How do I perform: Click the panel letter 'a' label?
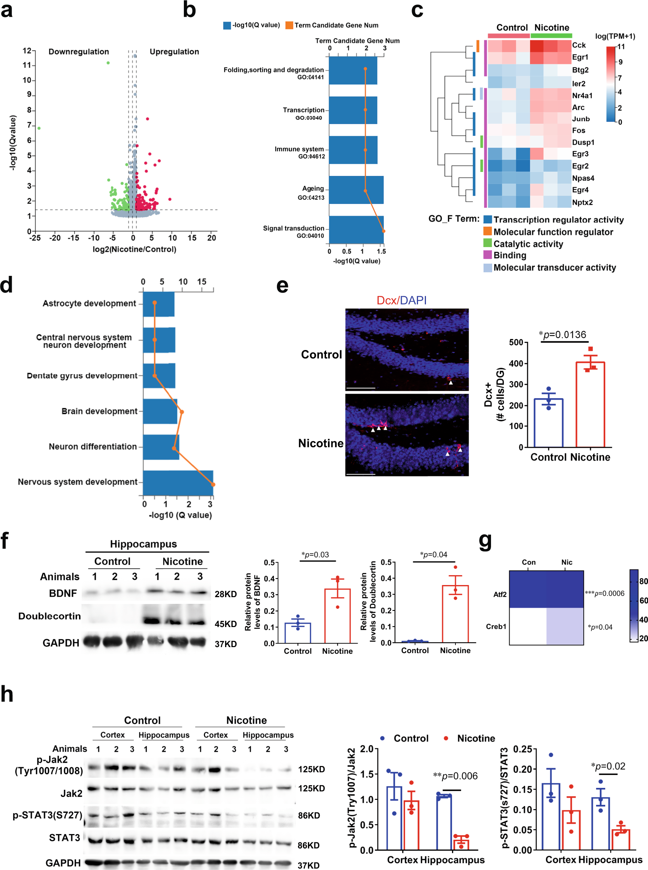click(7, 11)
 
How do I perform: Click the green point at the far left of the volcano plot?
click(39, 128)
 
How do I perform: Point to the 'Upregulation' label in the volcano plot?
click(174, 52)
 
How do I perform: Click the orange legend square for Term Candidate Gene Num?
click(289, 25)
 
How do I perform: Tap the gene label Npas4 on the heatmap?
click(583, 178)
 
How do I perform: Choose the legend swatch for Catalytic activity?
click(487, 243)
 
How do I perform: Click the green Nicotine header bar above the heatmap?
click(551, 36)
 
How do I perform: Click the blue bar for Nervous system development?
click(178, 482)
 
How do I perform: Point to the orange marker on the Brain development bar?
click(182, 412)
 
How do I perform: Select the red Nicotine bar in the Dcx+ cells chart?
click(590, 404)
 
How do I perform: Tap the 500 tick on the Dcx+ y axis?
click(516, 342)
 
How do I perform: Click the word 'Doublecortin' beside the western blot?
click(50, 616)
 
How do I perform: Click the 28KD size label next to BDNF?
click(225, 594)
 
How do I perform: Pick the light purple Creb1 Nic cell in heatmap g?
click(564, 626)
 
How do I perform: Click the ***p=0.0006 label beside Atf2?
click(604, 593)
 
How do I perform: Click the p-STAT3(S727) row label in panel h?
click(47, 815)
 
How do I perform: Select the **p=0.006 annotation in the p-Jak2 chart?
click(455, 776)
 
